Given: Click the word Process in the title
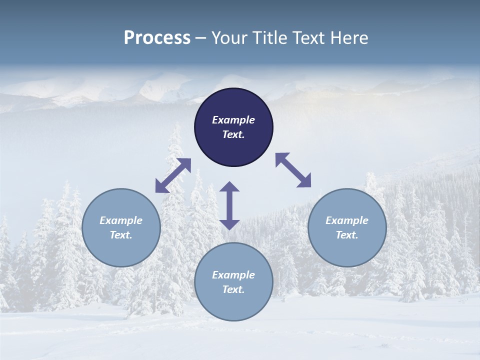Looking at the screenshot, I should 157,38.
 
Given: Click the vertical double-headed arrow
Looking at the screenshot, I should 229,205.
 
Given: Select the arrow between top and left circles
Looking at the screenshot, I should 173,175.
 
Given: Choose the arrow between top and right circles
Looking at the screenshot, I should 293,170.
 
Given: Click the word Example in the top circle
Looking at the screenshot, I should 233,120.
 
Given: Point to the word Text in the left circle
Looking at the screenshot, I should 121,235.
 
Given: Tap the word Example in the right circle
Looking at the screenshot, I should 347,220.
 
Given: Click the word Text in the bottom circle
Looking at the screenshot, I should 233,289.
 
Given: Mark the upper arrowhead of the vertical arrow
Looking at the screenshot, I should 229,187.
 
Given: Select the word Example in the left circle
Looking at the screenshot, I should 121,220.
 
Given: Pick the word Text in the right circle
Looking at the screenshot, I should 347,235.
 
